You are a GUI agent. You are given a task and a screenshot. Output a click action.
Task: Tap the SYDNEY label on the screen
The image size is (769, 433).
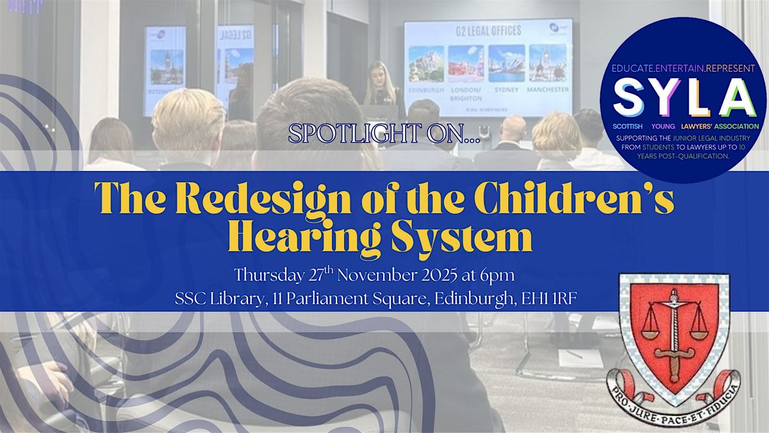(x=506, y=90)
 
